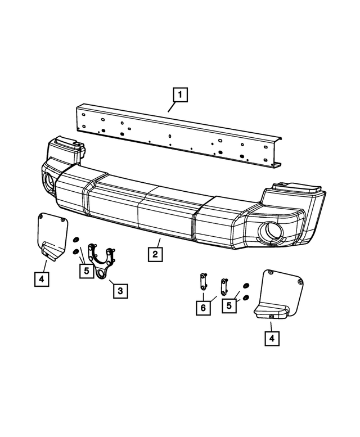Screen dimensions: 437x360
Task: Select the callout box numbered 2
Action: [x=156, y=254]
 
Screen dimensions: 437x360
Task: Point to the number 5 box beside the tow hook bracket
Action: [x=85, y=271]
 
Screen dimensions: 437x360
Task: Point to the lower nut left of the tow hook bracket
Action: [x=75, y=251]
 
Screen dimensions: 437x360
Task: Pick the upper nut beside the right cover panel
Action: [x=245, y=286]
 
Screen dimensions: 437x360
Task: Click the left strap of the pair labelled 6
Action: [x=204, y=281]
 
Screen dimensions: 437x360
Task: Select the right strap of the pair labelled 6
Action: [x=224, y=285]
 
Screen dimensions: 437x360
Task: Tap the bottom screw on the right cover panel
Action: [x=271, y=317]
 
